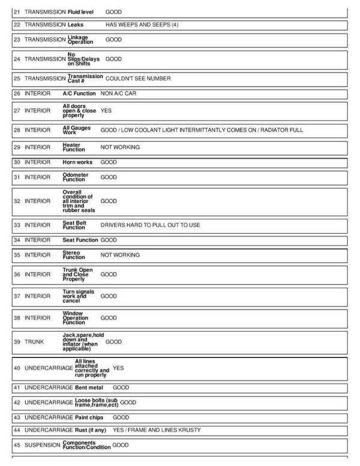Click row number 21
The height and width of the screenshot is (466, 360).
pyautogui.click(x=17, y=12)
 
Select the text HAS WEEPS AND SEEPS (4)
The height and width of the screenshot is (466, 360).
pyautogui.click(x=142, y=25)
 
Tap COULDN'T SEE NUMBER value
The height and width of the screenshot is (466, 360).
pyautogui.click(x=138, y=78)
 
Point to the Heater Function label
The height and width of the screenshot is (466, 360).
pyautogui.click(x=74, y=147)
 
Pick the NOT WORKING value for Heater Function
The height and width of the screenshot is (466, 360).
pyautogui.click(x=120, y=147)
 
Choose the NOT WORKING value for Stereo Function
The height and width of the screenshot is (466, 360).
pyautogui.click(x=120, y=255)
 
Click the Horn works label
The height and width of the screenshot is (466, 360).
pyautogui.click(x=77, y=162)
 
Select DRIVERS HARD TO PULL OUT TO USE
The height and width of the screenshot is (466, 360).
pyautogui.click(x=150, y=225)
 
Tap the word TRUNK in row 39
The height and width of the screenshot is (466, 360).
pyautogui.click(x=34, y=342)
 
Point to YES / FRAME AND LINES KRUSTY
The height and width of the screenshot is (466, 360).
pyautogui.click(x=157, y=430)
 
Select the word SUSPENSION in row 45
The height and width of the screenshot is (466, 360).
pyautogui.click(x=42, y=446)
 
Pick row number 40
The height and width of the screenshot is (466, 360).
pyautogui.click(x=17, y=368)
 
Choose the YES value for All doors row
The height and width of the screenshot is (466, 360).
pyautogui.click(x=106, y=111)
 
